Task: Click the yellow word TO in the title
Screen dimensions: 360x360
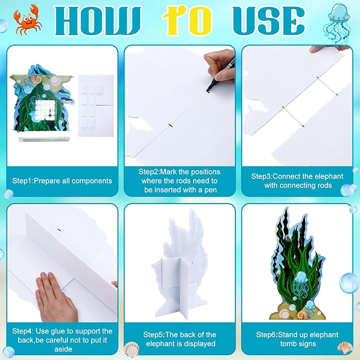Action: point(187,21)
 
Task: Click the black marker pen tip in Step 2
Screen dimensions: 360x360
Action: point(208,91)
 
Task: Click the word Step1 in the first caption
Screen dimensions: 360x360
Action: point(22,181)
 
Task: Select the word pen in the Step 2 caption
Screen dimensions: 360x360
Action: point(210,190)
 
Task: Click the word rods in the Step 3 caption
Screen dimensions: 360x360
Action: point(324,185)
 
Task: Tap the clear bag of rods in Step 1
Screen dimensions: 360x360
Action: point(43,139)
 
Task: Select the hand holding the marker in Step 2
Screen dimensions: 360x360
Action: point(220,68)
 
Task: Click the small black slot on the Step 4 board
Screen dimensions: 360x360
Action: point(59,230)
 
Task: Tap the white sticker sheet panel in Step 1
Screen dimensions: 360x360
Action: point(96,106)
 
